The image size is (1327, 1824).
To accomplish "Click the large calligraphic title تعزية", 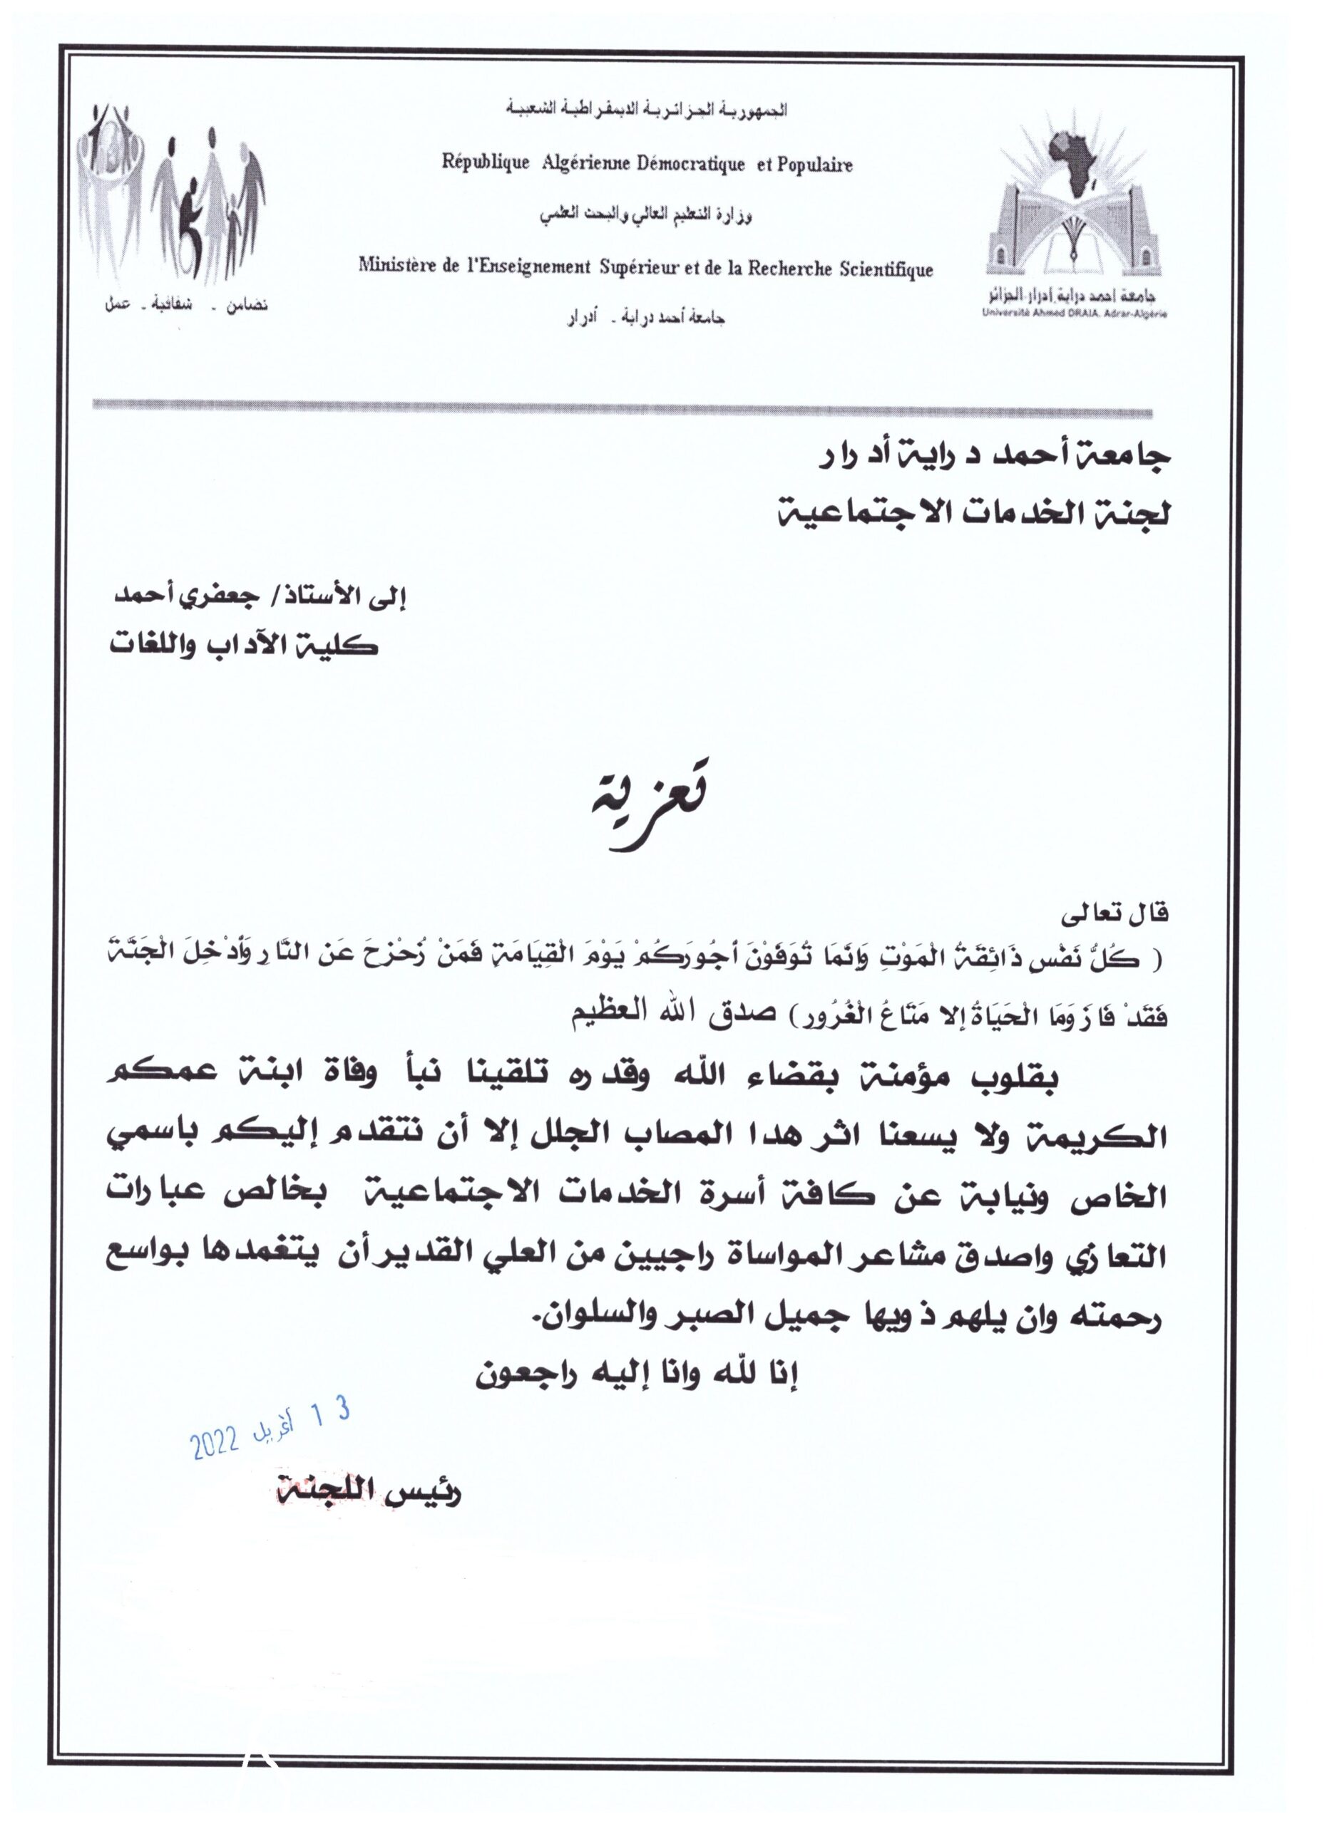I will tap(645, 799).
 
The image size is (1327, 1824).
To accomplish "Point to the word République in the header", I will tap(486, 163).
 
